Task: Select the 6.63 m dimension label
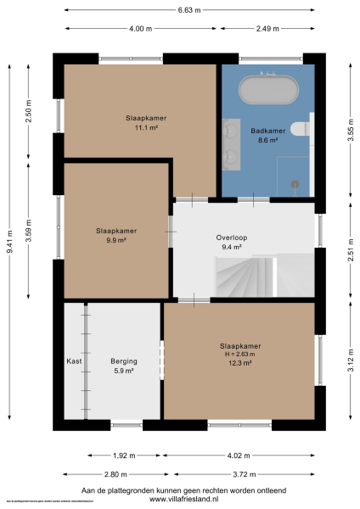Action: pos(189,10)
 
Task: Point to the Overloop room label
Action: pos(231,238)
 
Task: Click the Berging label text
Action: pos(124,361)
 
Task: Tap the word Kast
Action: pos(74,361)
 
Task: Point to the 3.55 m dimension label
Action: pos(350,137)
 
